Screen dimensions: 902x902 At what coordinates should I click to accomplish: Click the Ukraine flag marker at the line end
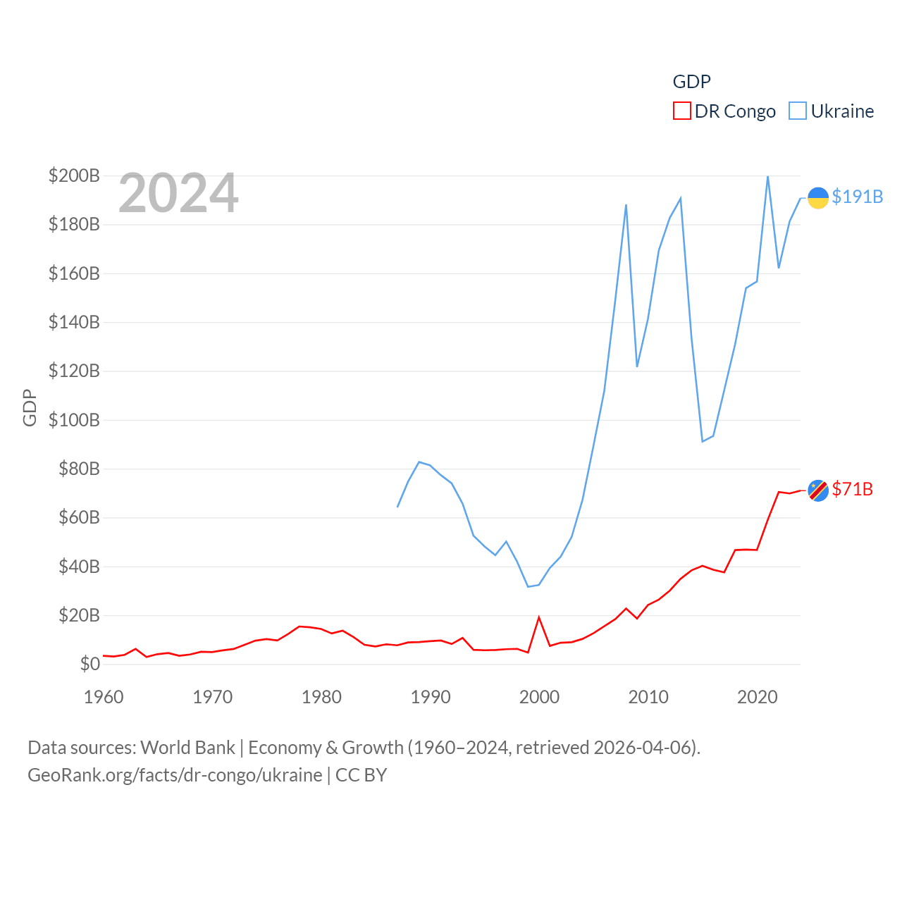pyautogui.click(x=817, y=198)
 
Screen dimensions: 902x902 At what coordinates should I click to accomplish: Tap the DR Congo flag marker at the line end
pyautogui.click(x=817, y=490)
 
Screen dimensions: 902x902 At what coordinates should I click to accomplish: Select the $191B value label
pyautogui.click(x=857, y=197)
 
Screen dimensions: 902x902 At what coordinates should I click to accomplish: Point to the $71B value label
pyautogui.click(x=852, y=489)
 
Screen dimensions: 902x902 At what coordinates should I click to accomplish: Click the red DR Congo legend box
pyautogui.click(x=681, y=111)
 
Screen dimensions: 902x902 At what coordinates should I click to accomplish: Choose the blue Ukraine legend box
pyautogui.click(x=797, y=111)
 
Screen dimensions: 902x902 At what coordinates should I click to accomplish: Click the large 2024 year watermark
pyautogui.click(x=178, y=193)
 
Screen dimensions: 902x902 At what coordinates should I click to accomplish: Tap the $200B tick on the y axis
pyautogui.click(x=74, y=175)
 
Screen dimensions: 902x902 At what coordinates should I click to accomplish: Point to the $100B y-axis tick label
pyautogui.click(x=74, y=420)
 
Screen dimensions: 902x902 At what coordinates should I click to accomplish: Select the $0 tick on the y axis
pyautogui.click(x=89, y=664)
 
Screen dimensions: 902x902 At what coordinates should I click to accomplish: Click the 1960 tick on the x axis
pyautogui.click(x=104, y=697)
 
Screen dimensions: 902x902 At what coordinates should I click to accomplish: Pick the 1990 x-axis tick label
pyautogui.click(x=431, y=697)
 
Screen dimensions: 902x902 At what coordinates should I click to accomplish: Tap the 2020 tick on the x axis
pyautogui.click(x=757, y=697)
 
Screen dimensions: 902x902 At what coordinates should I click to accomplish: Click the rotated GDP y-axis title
pyautogui.click(x=30, y=407)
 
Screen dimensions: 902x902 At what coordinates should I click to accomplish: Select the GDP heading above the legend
pyautogui.click(x=691, y=82)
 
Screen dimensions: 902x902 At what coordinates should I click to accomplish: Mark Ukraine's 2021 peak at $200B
pyautogui.click(x=767, y=176)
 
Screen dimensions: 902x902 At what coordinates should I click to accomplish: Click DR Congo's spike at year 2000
pyautogui.click(x=539, y=618)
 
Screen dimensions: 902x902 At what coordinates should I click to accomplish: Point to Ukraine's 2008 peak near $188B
pyautogui.click(x=626, y=205)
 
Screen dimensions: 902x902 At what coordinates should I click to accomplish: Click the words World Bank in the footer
pyautogui.click(x=187, y=747)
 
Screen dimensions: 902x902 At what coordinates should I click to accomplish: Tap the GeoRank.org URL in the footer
pyautogui.click(x=175, y=775)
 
